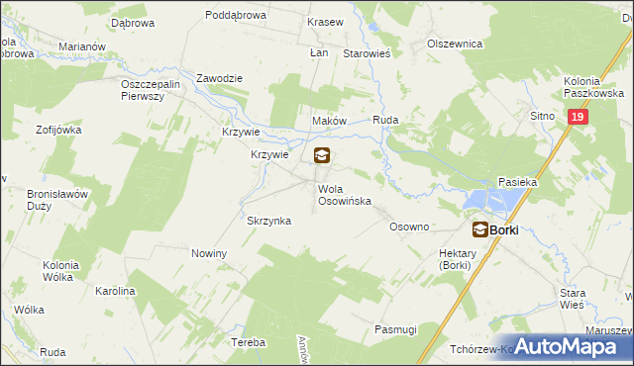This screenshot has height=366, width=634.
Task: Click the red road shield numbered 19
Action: pyautogui.click(x=579, y=117)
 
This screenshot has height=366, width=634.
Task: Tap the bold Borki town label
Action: pyautogui.click(x=504, y=229)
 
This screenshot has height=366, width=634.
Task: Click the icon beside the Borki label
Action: pyautogui.click(x=479, y=229)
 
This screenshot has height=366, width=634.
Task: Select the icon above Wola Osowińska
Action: pyautogui.click(x=322, y=155)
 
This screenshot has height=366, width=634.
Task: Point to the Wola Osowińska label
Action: pyautogui.click(x=344, y=194)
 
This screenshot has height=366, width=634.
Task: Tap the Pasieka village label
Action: pyautogui.click(x=517, y=182)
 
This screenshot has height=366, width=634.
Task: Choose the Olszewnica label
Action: pyautogui.click(x=454, y=44)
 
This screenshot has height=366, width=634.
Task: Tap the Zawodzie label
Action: pyautogui.click(x=219, y=78)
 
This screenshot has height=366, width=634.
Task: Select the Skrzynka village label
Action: pyautogui.click(x=268, y=221)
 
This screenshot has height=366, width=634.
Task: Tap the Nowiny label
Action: pyautogui.click(x=209, y=253)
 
